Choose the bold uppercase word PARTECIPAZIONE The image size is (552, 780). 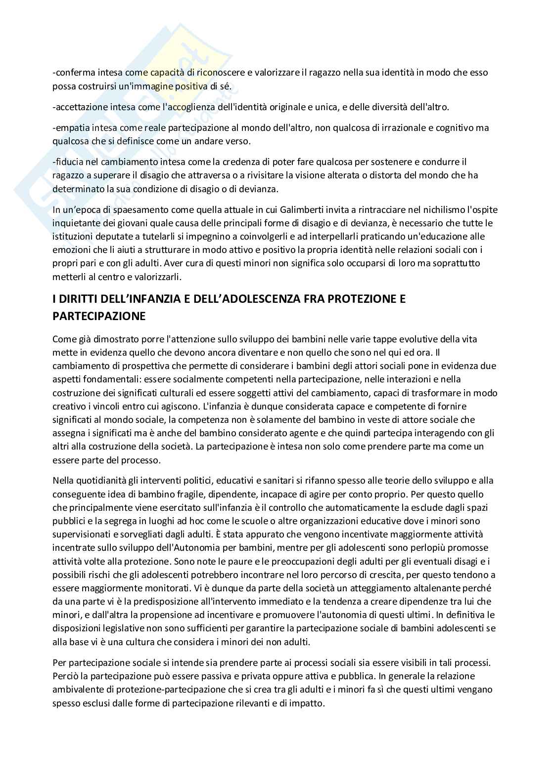point(99,316)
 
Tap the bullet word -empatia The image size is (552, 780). point(72,128)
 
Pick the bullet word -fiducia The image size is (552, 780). point(70,162)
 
